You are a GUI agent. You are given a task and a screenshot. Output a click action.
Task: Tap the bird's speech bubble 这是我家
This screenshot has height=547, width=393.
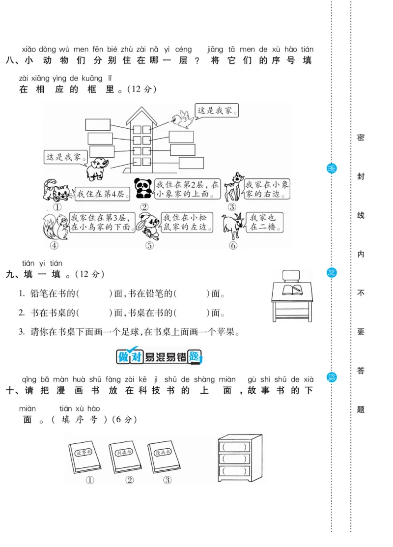[216, 111]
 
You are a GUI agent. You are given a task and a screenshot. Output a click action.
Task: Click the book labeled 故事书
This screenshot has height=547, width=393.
[83, 457]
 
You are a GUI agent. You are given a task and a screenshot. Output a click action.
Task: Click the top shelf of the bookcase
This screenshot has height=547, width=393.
[234, 447]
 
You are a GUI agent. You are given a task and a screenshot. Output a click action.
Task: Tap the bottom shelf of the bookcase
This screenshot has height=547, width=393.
[234, 471]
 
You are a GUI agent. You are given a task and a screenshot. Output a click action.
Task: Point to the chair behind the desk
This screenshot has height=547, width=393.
[292, 276]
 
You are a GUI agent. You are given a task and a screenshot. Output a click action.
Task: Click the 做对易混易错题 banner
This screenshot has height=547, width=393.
[159, 356]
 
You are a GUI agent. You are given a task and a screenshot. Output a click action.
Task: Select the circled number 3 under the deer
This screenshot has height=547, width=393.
[231, 207]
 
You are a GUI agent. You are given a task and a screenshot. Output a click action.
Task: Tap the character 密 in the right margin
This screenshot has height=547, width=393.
[361, 138]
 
